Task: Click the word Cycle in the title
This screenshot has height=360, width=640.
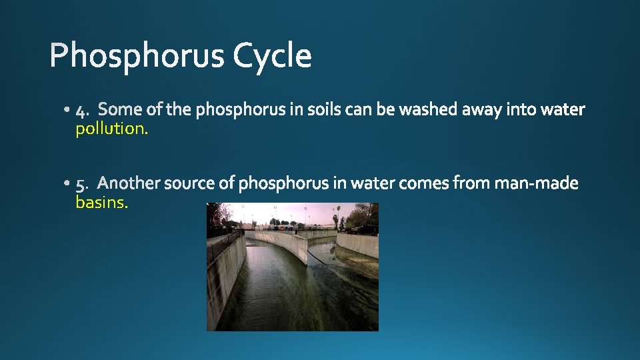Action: (272, 56)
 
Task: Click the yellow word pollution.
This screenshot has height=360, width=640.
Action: (111, 129)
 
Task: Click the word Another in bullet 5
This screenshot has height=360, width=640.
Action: (131, 183)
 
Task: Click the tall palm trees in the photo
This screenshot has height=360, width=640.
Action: (337, 217)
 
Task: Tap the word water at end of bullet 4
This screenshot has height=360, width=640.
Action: (563, 109)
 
